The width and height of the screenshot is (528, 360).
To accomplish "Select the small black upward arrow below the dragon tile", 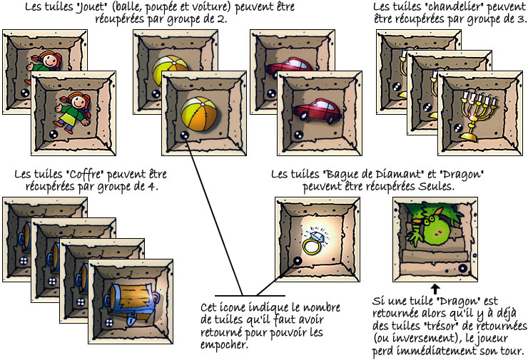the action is [x=435, y=289].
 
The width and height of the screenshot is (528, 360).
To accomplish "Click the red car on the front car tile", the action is [x=318, y=109].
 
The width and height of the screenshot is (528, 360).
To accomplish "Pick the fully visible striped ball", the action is [x=198, y=114].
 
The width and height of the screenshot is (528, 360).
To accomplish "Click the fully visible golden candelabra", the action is [x=475, y=115].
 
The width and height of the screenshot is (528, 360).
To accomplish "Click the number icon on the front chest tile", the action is [x=109, y=323].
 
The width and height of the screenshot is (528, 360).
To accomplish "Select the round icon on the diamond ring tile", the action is [x=298, y=260].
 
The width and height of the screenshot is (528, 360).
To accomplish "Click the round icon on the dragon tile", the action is [x=462, y=268].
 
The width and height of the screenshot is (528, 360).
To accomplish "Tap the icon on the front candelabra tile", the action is [x=458, y=128].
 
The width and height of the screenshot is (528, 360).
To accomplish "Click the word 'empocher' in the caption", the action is [x=224, y=346].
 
